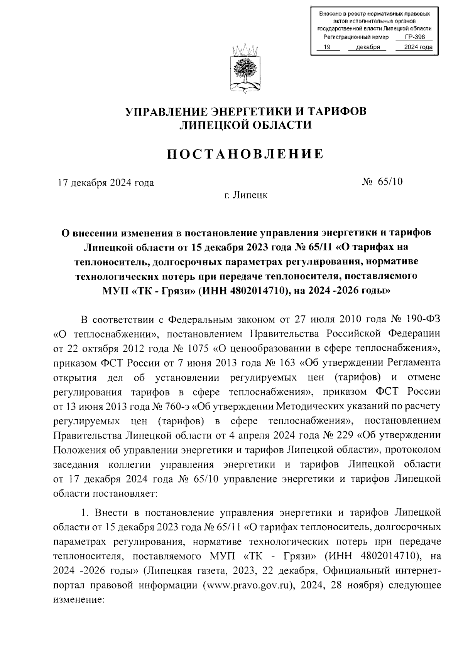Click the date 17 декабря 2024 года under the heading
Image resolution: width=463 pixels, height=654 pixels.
click(106, 183)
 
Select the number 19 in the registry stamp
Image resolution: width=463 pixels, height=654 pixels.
click(327, 47)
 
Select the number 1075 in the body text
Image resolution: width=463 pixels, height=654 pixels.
click(198, 348)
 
